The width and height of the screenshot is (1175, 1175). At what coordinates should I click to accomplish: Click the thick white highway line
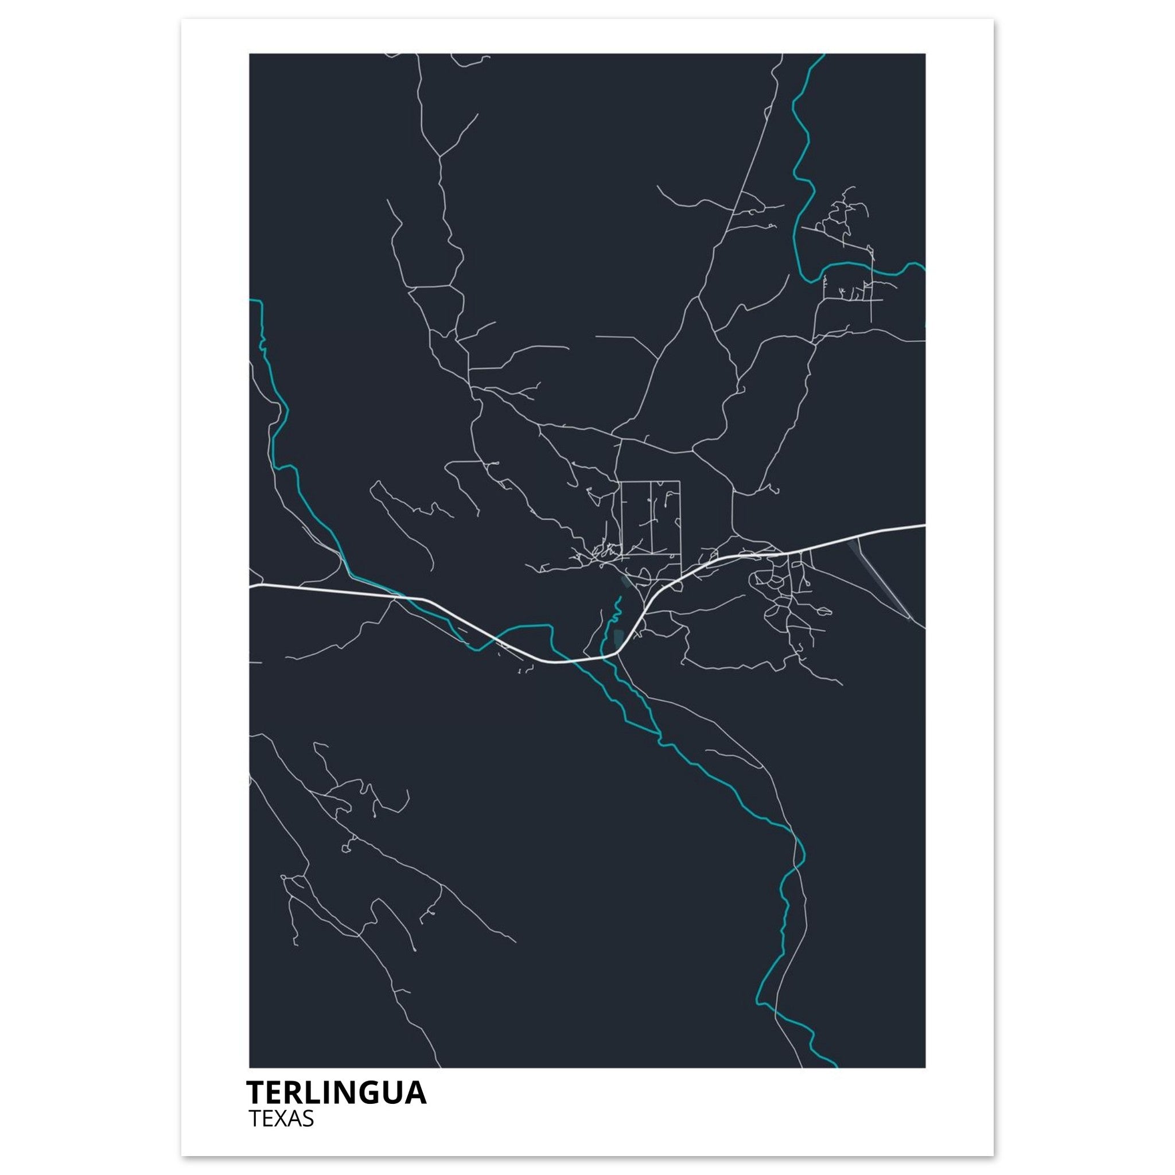(341, 590)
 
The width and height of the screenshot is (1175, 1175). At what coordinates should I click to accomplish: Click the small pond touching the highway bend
(619, 638)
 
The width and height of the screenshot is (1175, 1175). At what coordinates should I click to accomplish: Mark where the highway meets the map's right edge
(924, 525)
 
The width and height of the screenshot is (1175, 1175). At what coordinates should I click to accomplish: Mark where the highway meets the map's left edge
(251, 587)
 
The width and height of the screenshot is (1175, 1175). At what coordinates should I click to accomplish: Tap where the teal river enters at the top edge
(823, 55)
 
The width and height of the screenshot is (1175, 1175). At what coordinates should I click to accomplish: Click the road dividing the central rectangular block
(651, 517)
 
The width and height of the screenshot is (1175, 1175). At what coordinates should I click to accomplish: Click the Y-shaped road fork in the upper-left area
(439, 155)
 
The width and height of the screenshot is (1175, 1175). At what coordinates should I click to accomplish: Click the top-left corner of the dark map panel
(250, 54)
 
